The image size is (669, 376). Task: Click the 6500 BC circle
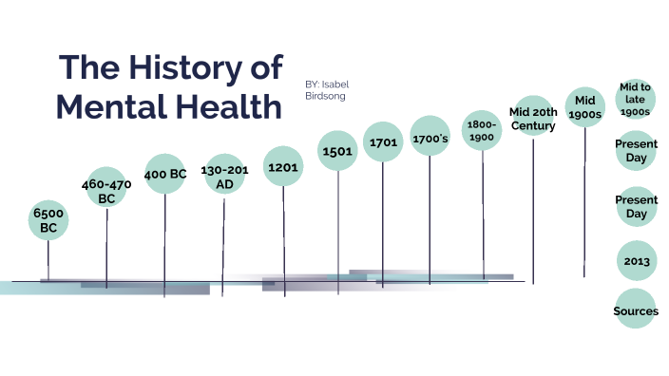48,220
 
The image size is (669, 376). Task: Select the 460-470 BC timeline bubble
106,191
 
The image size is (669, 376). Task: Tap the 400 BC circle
165,175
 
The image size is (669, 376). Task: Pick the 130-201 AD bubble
225,176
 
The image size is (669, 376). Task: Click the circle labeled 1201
284,167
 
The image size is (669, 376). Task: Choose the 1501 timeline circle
338,151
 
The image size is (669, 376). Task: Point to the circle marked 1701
383,142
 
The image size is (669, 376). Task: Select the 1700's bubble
430,139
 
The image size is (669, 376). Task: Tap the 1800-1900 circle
483,131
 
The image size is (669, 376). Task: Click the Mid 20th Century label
533,116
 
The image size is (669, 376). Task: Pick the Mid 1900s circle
585,107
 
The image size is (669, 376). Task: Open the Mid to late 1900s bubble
635,100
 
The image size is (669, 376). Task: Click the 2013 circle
636,260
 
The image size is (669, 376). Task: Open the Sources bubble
636,310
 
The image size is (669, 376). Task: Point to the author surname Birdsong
326,96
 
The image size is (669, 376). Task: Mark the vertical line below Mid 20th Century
533,209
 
